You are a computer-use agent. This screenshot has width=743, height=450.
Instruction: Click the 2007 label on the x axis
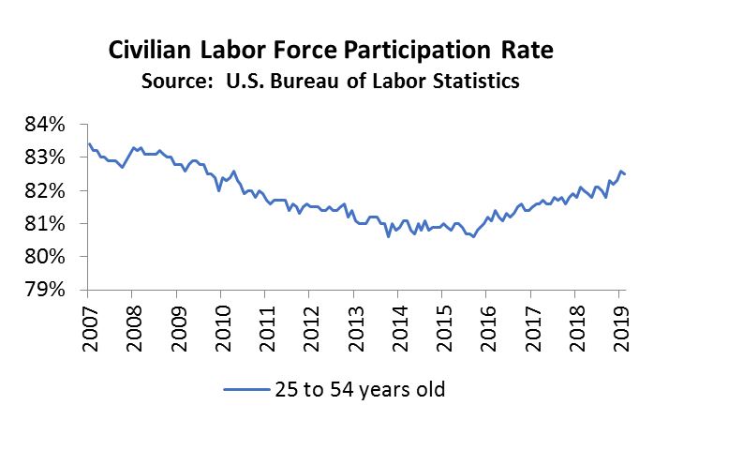[90, 327]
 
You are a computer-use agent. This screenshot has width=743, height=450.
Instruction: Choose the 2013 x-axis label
[354, 327]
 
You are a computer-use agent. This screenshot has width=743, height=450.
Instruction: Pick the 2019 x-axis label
[619, 327]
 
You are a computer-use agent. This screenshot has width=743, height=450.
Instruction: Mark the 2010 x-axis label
[222, 327]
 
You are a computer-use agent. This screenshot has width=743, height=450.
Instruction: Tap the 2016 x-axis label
[487, 327]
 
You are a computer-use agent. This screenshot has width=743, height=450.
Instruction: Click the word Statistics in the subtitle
[476, 82]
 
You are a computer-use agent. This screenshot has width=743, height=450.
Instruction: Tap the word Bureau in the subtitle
[299, 82]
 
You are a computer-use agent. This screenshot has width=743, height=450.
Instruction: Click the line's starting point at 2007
[88, 143]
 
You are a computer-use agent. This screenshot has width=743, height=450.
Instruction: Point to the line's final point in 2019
[626, 174]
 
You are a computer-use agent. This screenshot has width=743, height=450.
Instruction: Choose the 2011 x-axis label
[266, 327]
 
